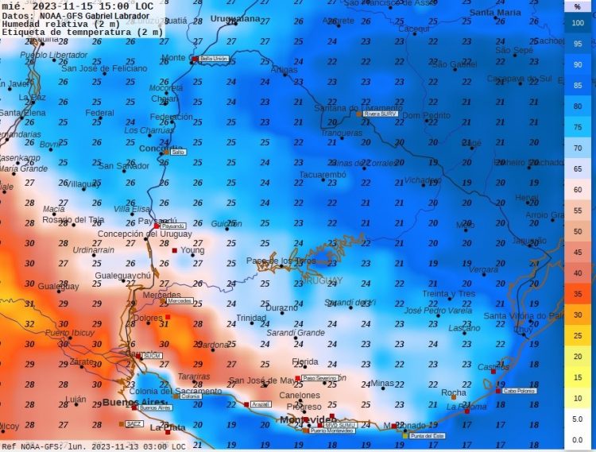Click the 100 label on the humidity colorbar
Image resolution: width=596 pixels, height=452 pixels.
point(578,23)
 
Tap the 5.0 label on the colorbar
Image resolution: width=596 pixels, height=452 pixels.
point(578,419)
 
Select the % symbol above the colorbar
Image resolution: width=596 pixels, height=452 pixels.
point(578,6)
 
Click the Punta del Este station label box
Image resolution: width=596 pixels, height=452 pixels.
point(428,436)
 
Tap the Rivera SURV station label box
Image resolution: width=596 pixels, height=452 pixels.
point(380,114)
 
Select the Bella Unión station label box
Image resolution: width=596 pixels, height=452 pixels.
point(214,59)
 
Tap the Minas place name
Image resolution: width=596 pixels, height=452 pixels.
point(382,383)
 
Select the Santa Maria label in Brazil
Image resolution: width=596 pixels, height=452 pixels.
point(495,13)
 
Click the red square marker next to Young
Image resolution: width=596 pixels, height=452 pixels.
point(175,250)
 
